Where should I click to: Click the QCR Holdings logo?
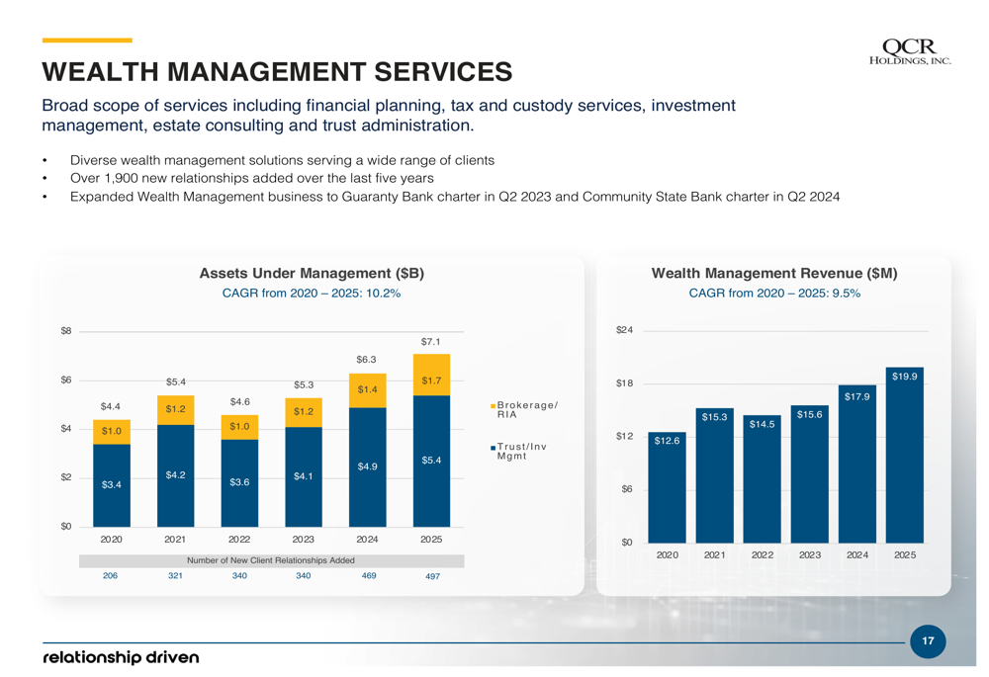(x=908, y=52)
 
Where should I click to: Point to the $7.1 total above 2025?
(x=431, y=342)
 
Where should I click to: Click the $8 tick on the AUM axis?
(x=65, y=331)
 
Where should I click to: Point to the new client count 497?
(x=432, y=576)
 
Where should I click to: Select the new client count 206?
(x=111, y=575)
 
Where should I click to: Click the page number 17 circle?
(x=927, y=641)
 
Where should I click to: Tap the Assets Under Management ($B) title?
(x=312, y=273)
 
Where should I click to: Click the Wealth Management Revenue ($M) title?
(x=774, y=273)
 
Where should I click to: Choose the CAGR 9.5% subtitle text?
(x=774, y=294)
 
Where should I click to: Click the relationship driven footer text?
(x=121, y=657)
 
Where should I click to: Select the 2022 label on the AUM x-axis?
(x=239, y=540)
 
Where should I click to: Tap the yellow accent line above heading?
(x=87, y=41)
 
